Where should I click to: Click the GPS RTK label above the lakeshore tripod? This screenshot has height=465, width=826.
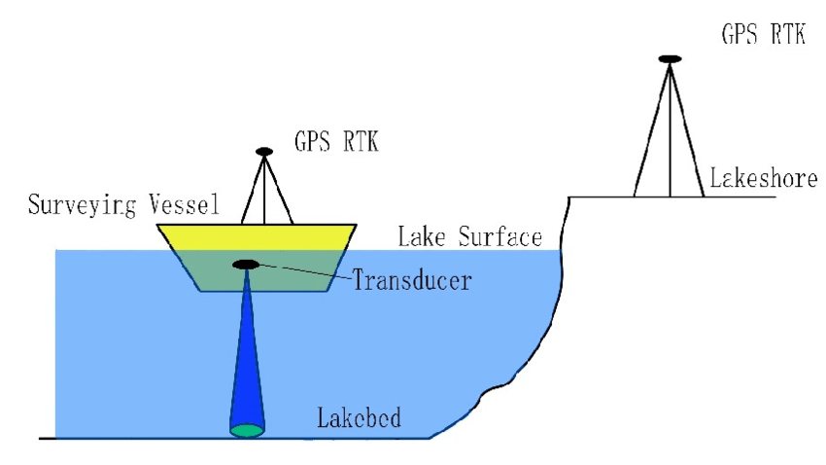pyautogui.click(x=763, y=35)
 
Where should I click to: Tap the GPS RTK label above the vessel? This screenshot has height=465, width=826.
pyautogui.click(x=336, y=143)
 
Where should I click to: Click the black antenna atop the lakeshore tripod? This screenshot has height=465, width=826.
pyautogui.click(x=669, y=59)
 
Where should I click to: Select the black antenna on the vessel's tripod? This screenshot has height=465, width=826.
pyautogui.click(x=264, y=152)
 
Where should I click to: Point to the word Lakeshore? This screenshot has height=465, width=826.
pyautogui.click(x=763, y=179)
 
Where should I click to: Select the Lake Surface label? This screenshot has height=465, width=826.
pyautogui.click(x=469, y=236)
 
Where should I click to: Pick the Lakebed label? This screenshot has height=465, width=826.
pyautogui.click(x=359, y=420)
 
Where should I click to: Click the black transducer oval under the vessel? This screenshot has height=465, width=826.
pyautogui.click(x=245, y=265)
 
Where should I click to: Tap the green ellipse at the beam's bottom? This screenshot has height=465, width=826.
pyautogui.click(x=247, y=429)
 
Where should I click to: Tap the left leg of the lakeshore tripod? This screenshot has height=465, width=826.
pyautogui.click(x=649, y=136)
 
